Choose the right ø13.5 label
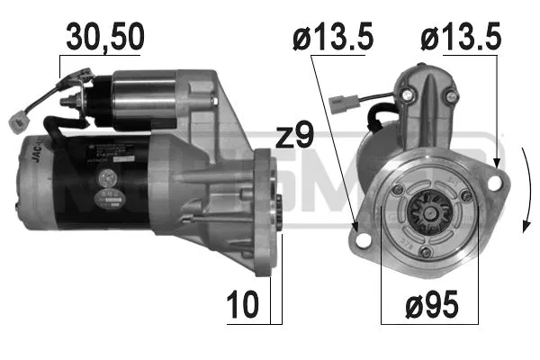tap(460, 39)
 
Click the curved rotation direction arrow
tap(525, 193)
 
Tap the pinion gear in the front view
tap(426, 212)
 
